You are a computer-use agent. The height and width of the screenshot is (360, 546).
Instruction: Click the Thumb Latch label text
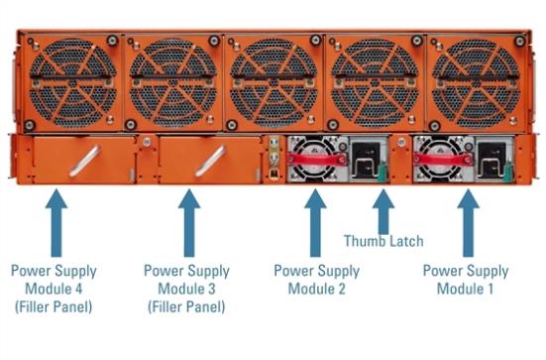383,241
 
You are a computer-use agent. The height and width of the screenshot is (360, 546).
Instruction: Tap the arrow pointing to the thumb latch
383,211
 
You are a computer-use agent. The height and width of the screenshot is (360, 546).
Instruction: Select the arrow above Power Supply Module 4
56,223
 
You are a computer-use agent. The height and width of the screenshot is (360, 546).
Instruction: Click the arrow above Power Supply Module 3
189,223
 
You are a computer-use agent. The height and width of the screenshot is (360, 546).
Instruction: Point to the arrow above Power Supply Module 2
315,223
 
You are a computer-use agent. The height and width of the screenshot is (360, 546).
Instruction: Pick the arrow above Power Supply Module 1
468,223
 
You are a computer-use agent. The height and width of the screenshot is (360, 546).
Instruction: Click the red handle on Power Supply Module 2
316,160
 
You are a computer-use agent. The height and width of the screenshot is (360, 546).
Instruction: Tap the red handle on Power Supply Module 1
443,160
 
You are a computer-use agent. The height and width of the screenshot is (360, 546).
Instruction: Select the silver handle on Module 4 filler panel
84,162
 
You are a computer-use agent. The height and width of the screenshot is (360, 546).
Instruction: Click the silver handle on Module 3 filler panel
210,162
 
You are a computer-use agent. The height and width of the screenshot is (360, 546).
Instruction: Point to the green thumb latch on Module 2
382,172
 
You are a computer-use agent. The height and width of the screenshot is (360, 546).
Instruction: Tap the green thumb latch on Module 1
508,172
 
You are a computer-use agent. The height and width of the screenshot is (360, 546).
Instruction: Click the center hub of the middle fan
273,83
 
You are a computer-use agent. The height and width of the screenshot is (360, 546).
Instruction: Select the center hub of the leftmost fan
72,83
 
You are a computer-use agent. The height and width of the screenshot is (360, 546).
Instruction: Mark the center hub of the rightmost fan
476,83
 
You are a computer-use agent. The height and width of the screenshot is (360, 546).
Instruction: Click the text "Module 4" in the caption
54,289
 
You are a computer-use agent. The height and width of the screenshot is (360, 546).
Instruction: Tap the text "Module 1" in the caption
465,289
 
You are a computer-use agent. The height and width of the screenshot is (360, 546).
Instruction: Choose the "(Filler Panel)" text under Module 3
186,307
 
